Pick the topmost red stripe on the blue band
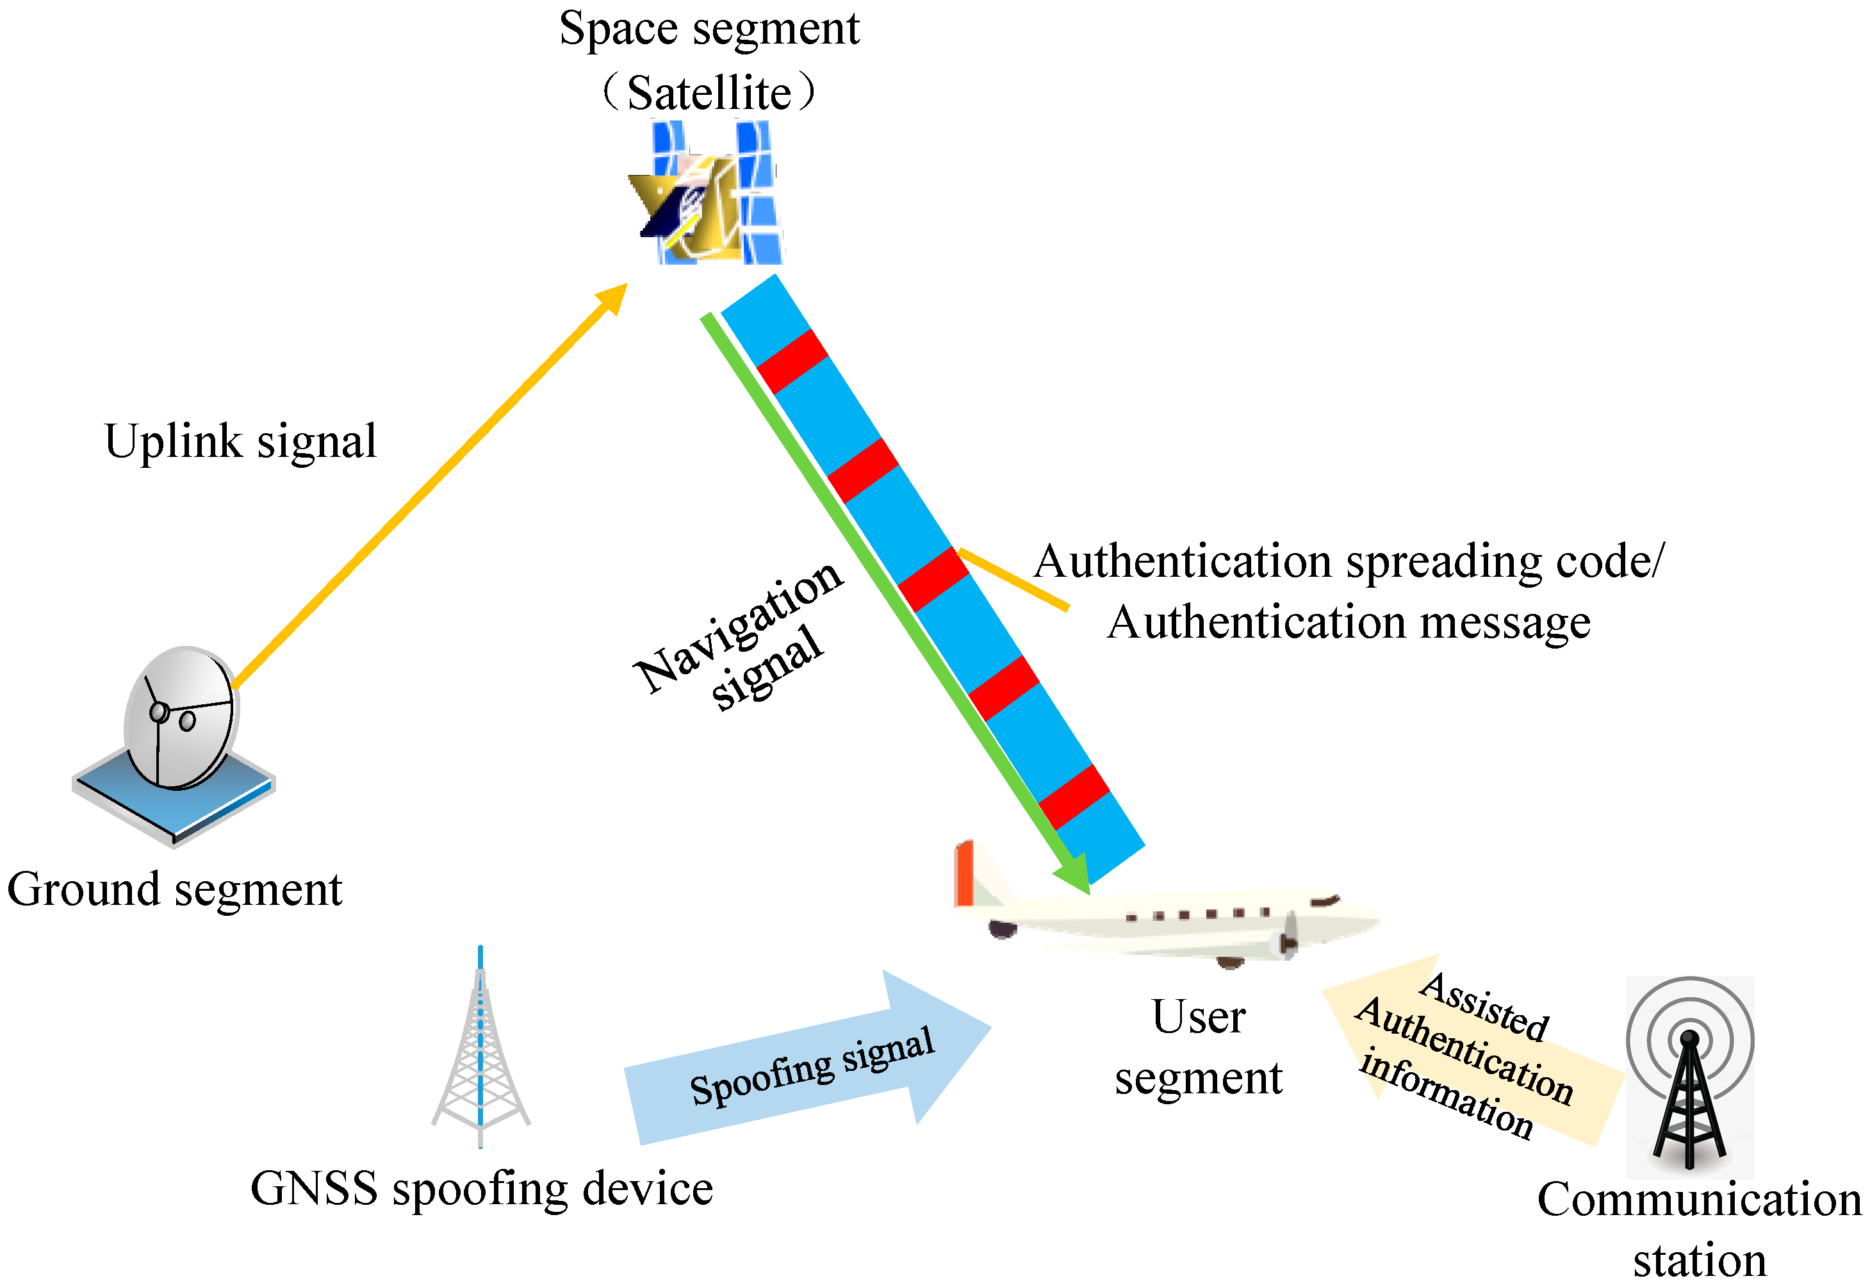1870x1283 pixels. pyautogui.click(x=792, y=361)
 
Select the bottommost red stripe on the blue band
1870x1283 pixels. pyautogui.click(x=1074, y=797)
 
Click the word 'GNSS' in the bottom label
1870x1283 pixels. pyautogui.click(x=314, y=1189)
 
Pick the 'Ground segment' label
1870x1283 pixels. pyautogui.click(x=175, y=890)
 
